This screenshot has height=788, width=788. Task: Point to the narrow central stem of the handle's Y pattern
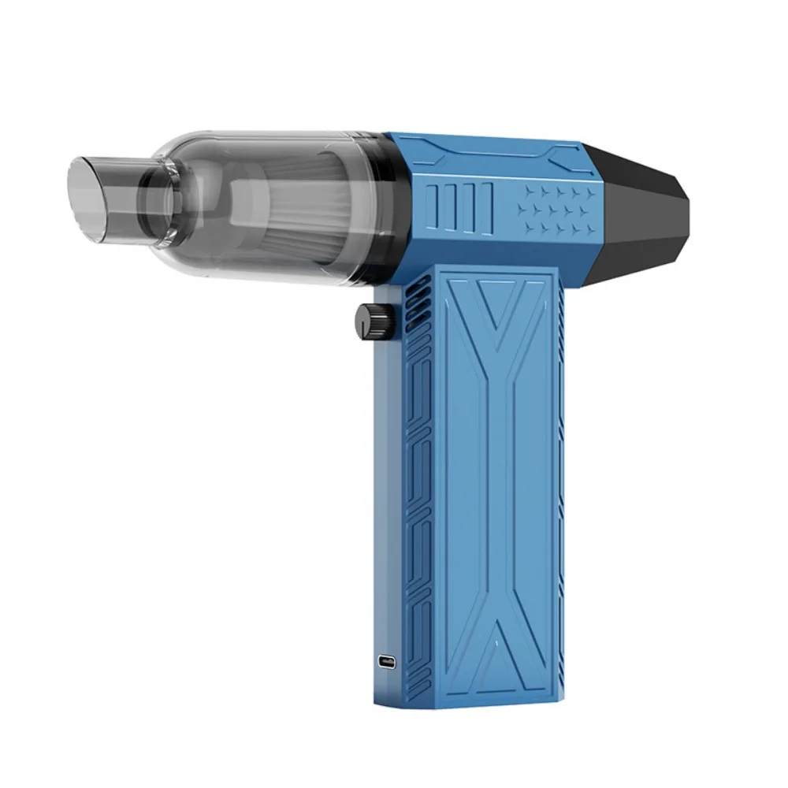[498, 473]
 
